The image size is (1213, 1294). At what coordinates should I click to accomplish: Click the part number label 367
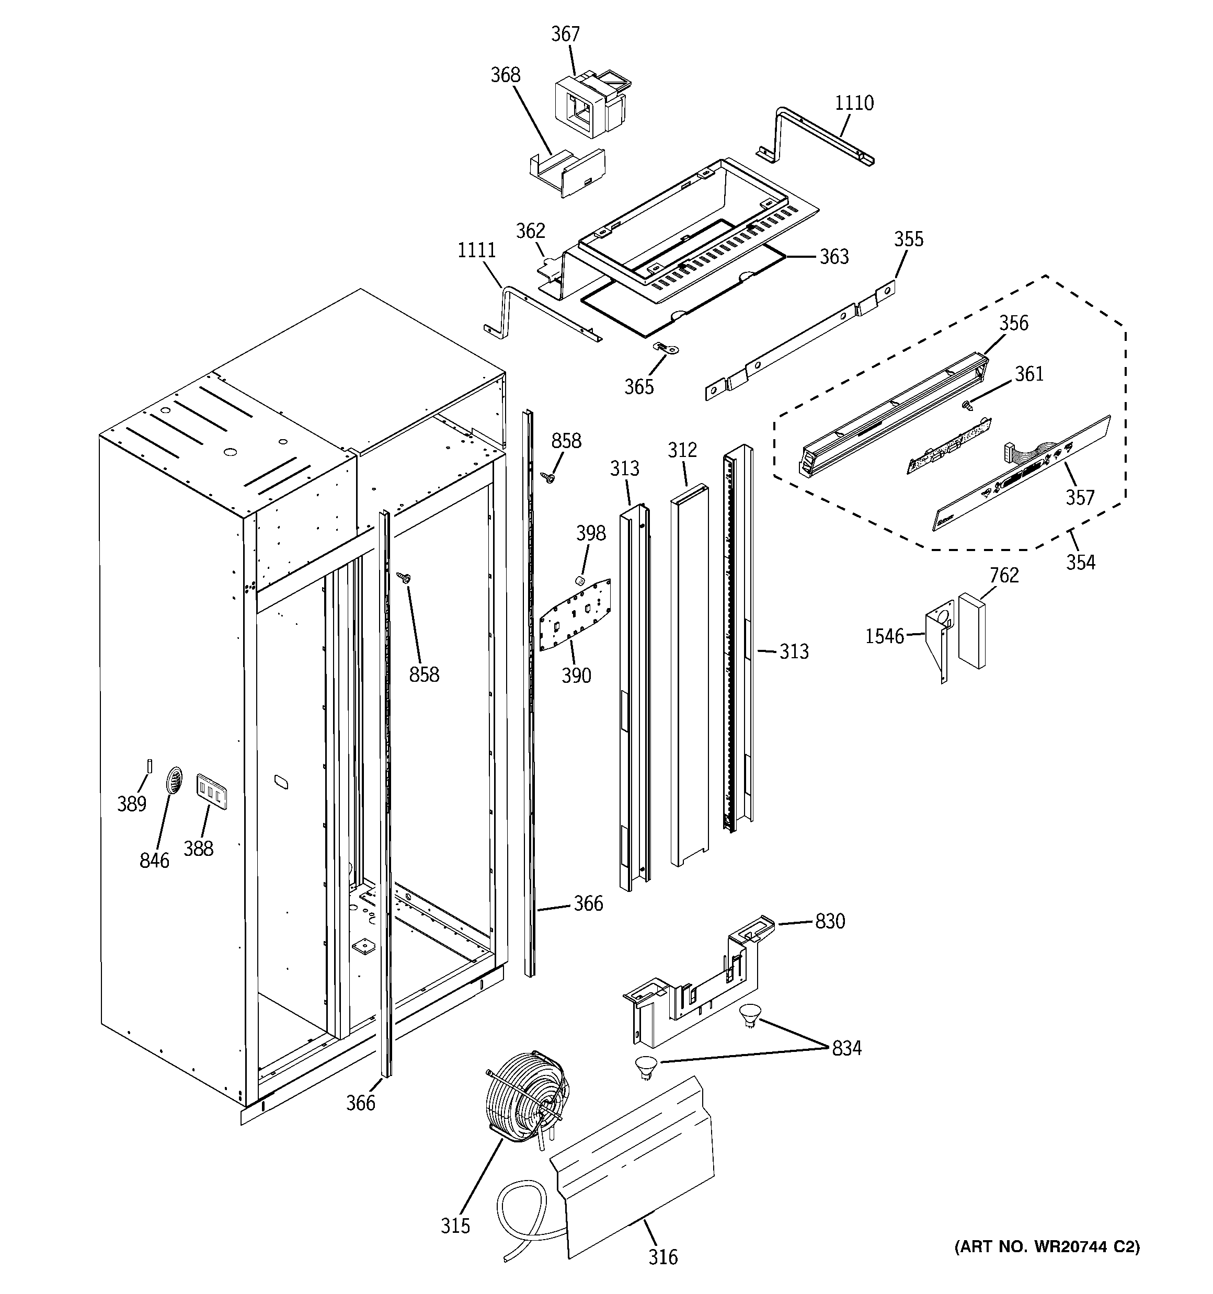click(565, 34)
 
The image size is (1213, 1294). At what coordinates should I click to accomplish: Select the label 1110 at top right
click(854, 103)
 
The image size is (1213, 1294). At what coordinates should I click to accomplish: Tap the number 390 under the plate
click(576, 675)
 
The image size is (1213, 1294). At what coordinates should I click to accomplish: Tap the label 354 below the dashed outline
click(1080, 563)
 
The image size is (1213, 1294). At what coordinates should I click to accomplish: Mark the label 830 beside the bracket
click(830, 921)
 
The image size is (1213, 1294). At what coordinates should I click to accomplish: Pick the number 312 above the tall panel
click(682, 450)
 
